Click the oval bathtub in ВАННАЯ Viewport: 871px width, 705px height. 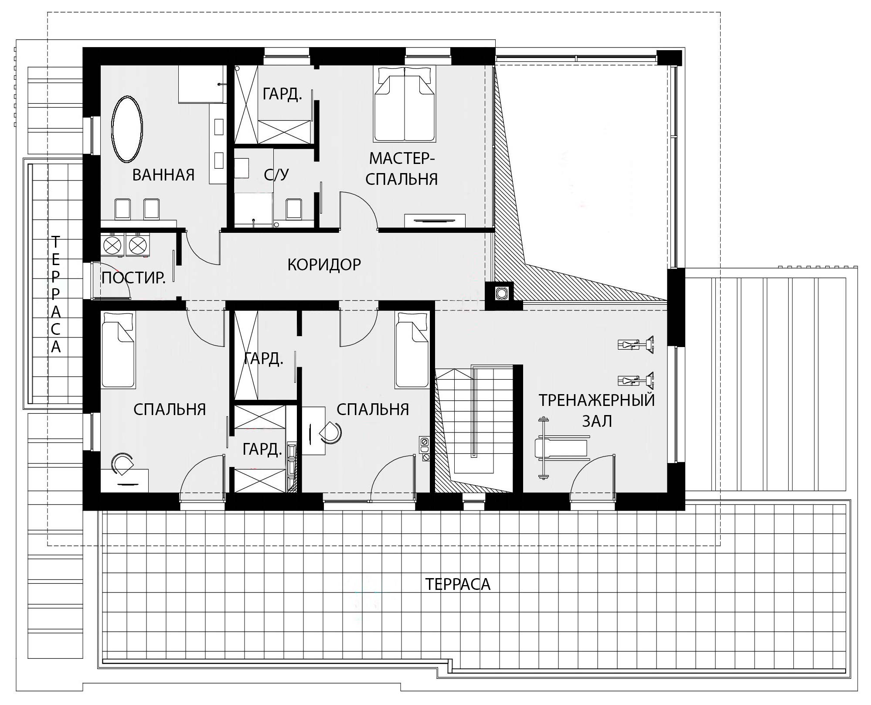127,129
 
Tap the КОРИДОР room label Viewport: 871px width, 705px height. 324,264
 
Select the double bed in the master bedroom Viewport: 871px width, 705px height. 405,104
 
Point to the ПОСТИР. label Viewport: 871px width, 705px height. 133,278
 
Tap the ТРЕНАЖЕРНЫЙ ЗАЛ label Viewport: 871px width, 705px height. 597,410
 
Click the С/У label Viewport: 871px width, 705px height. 276,174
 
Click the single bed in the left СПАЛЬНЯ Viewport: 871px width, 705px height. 118,349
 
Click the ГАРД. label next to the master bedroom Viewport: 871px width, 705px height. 282,94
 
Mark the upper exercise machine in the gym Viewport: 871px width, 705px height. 636,345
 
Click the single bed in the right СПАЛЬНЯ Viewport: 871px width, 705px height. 412,349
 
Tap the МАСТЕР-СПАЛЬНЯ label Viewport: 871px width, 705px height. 401,169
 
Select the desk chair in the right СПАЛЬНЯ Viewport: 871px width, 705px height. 330,433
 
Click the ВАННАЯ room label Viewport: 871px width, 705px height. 163,175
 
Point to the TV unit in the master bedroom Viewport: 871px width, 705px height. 435,221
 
